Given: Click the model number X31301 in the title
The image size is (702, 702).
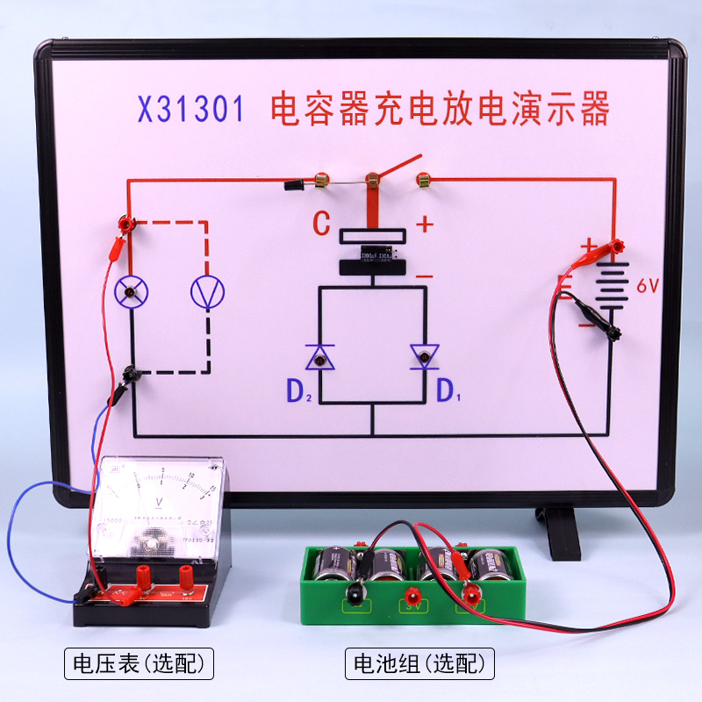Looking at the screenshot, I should point(190,111).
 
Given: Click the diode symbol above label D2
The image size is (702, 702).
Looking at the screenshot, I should point(319,356).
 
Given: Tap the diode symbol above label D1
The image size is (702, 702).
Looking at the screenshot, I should point(425,356).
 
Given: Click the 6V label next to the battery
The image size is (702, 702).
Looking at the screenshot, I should point(648,286).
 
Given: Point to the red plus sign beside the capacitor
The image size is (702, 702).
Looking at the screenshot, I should point(425,225).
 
